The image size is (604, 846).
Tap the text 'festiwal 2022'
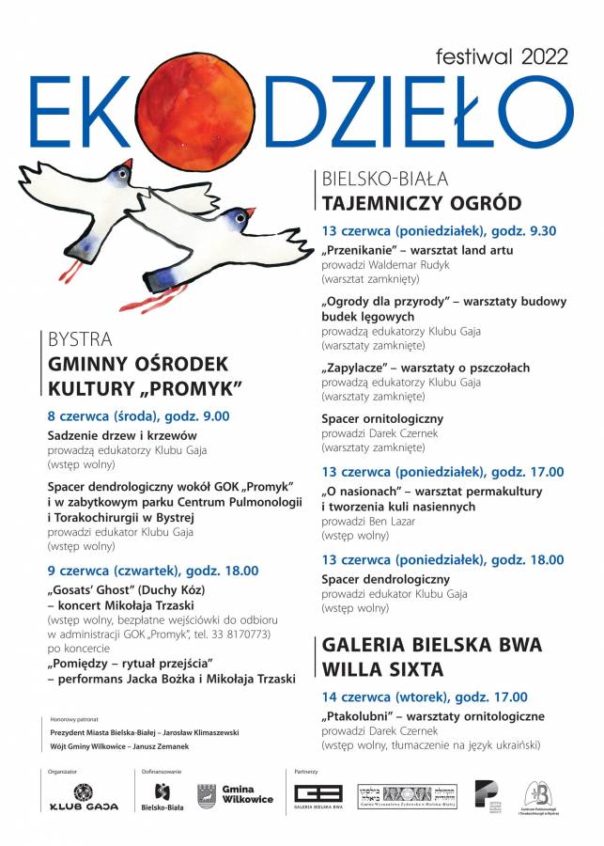tap(503, 55)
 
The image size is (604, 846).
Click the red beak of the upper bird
tap(129, 164)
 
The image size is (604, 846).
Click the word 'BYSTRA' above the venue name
tap(80, 339)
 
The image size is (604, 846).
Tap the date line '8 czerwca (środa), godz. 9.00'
tap(138, 415)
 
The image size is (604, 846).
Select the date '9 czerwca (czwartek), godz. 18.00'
tap(152, 570)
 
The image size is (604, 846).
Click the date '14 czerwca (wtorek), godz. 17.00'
tap(424, 697)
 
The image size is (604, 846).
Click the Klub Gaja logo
tap(84, 796)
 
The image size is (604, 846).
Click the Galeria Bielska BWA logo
tap(317, 796)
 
